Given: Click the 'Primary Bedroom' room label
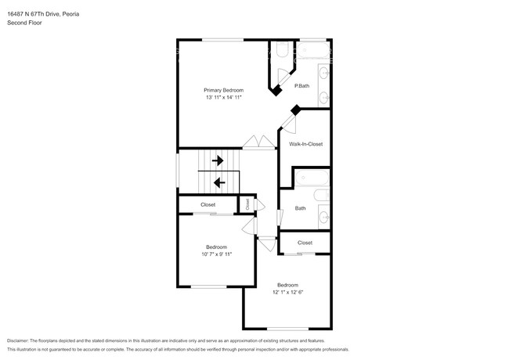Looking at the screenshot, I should (224, 90).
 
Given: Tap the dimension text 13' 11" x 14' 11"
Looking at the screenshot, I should (224, 98).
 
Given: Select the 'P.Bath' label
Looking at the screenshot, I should (301, 85).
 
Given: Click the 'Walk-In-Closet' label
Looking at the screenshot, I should (305, 144).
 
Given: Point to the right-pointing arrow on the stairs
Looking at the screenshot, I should (217, 160).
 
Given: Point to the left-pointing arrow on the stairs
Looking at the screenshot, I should (219, 182).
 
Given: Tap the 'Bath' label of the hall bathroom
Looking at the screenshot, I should (300, 208).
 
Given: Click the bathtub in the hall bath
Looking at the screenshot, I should (322, 196).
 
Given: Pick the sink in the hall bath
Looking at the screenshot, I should (323, 218).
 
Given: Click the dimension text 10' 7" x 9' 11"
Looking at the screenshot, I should (216, 254).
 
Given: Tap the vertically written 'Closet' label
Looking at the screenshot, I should (247, 203).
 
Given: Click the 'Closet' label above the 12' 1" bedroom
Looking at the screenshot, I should (305, 243).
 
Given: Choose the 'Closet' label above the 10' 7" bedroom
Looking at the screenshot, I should (208, 205).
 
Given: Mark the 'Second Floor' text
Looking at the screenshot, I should (24, 23).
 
